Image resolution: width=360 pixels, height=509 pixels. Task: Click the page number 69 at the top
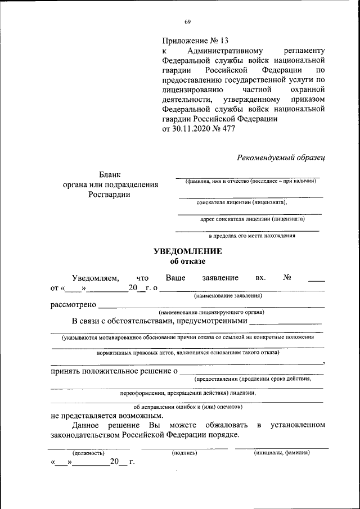pyautogui.click(x=188, y=22)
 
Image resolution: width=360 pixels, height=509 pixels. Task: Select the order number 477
pyautogui.click(x=228, y=129)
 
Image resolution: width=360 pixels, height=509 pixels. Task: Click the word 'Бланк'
pyautogui.click(x=110, y=174)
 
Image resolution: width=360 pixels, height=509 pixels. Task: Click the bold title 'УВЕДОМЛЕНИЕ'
pyautogui.click(x=187, y=251)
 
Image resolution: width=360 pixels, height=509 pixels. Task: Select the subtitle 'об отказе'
pyautogui.click(x=188, y=261)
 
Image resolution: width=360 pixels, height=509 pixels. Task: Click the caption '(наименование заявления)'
pyautogui.click(x=228, y=296)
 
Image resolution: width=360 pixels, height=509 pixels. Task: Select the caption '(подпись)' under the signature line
pyautogui.click(x=184, y=452)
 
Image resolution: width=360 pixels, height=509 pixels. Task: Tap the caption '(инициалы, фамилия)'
pyautogui.click(x=281, y=452)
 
